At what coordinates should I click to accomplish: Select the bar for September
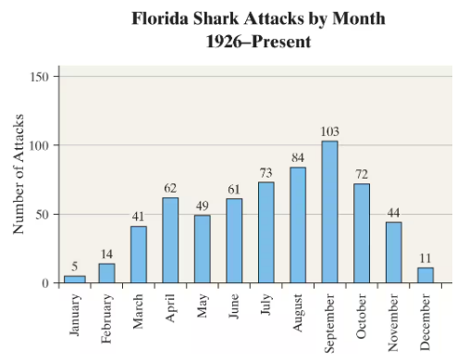tap(329, 212)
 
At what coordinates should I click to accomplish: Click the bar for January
tap(74, 279)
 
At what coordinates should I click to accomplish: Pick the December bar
tap(426, 275)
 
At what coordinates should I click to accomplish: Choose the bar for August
tap(298, 225)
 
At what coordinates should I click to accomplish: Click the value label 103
tap(329, 131)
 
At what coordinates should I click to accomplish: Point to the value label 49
tap(202, 205)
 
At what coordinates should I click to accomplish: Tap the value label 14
tap(106, 254)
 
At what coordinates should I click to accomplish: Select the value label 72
tap(362, 174)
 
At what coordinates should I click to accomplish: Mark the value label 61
tap(234, 189)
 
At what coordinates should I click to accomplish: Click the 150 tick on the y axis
tap(40, 77)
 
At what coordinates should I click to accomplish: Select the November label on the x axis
tap(393, 321)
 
